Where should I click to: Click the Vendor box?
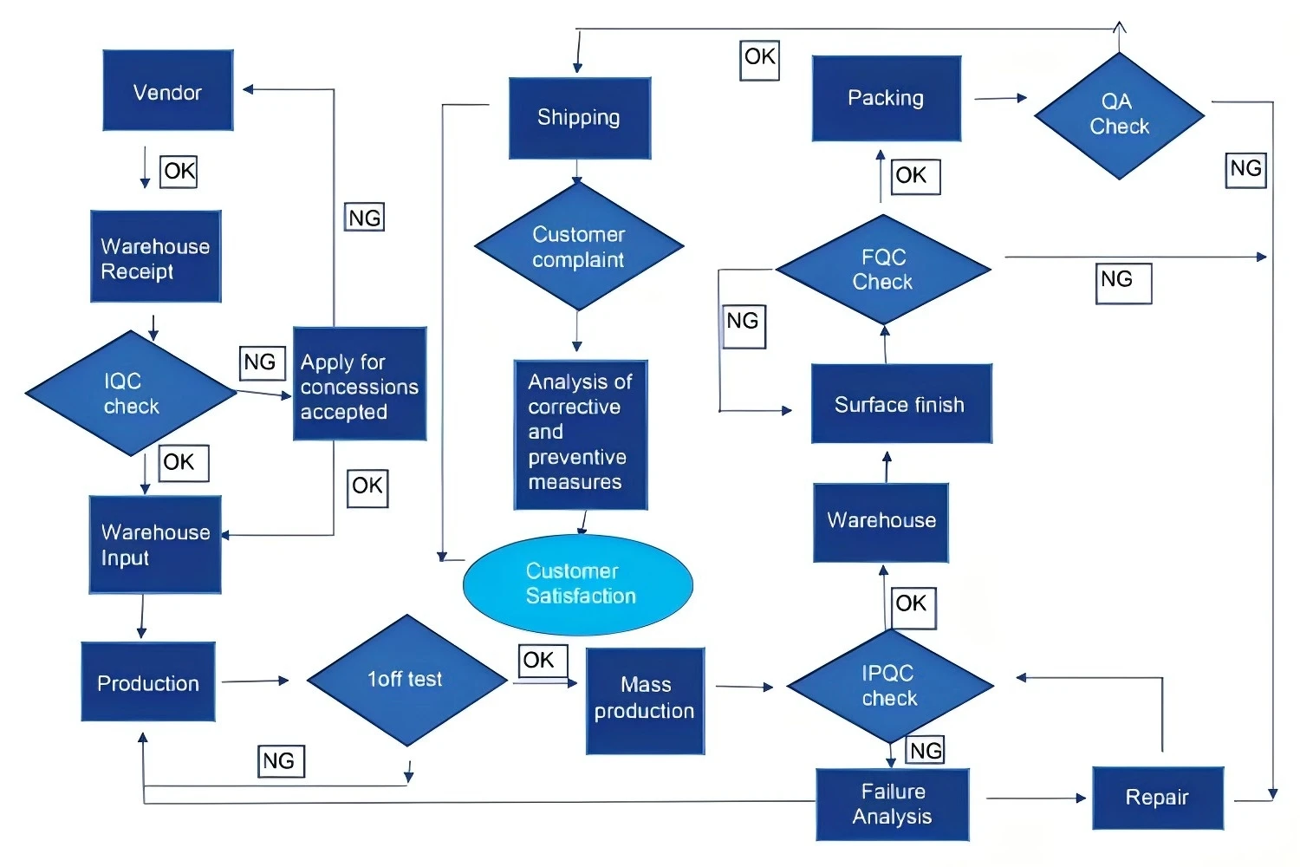coord(167,91)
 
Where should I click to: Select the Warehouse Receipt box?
coord(155,257)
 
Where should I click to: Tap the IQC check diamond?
coord(131,394)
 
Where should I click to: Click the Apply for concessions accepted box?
coord(359,384)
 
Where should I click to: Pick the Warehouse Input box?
coord(155,544)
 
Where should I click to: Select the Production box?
coord(148,682)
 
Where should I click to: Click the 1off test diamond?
coord(406,680)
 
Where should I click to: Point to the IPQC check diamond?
coord(890,686)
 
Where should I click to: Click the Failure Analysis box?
coord(892,804)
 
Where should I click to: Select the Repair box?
coord(1157,798)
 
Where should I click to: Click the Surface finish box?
coord(900,404)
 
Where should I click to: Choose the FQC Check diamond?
coord(883,270)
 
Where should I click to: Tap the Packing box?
coord(886,98)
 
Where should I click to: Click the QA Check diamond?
coord(1119,115)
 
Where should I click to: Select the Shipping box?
coord(579,118)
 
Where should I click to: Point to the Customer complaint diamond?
coord(578,247)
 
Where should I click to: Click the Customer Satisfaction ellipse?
coord(578,583)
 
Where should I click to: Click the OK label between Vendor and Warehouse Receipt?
coord(179,171)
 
